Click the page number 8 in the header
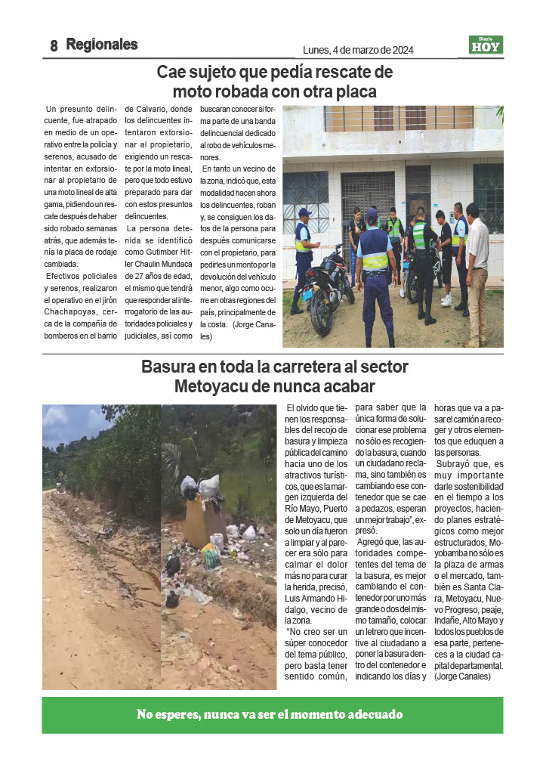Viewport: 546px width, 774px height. [x=54, y=46]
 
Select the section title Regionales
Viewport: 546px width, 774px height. [x=102, y=45]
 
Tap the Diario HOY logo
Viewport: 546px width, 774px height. [x=486, y=45]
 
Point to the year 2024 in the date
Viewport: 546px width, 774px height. [x=399, y=51]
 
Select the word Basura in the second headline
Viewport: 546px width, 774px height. [x=167, y=367]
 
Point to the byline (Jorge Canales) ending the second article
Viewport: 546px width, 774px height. [x=463, y=676]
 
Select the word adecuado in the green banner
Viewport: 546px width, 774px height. [x=373, y=714]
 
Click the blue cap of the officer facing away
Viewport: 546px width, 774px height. [x=372, y=214]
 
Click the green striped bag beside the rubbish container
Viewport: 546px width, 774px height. [x=211, y=557]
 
